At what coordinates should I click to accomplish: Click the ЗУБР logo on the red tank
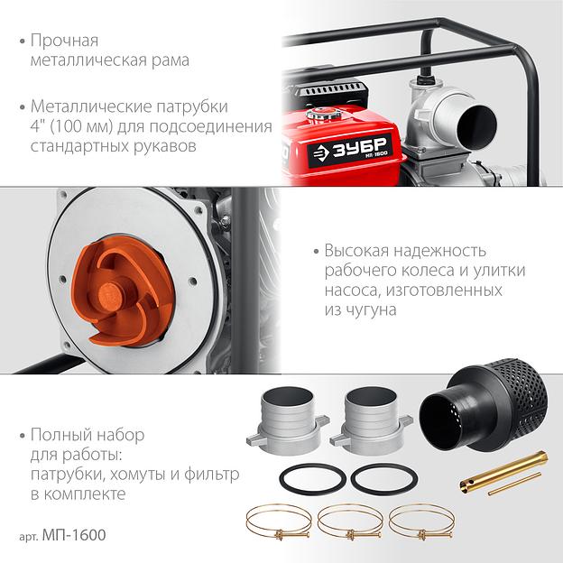[350, 152]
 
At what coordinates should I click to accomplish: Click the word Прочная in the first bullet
[64, 41]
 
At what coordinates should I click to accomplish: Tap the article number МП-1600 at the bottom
[74, 535]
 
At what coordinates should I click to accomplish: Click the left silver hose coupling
[288, 420]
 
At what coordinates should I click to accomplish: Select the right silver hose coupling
[371, 420]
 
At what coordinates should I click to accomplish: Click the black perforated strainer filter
[484, 404]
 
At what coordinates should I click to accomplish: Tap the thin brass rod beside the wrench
[514, 485]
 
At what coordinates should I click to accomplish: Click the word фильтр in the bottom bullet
[211, 475]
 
